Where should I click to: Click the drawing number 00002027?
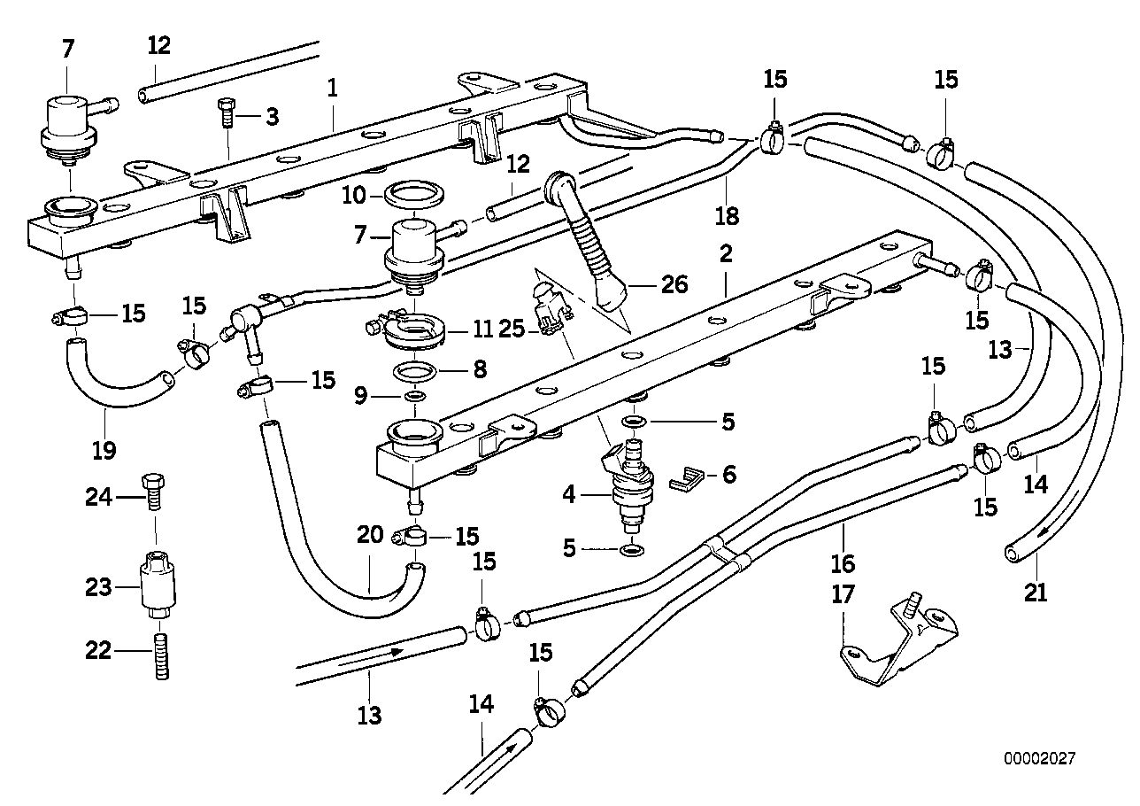click(1039, 759)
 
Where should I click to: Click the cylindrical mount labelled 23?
click(158, 585)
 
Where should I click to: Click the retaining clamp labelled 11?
click(411, 330)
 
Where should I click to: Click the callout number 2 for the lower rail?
click(726, 255)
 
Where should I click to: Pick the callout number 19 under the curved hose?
click(104, 450)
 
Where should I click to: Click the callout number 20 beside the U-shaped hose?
click(370, 534)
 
